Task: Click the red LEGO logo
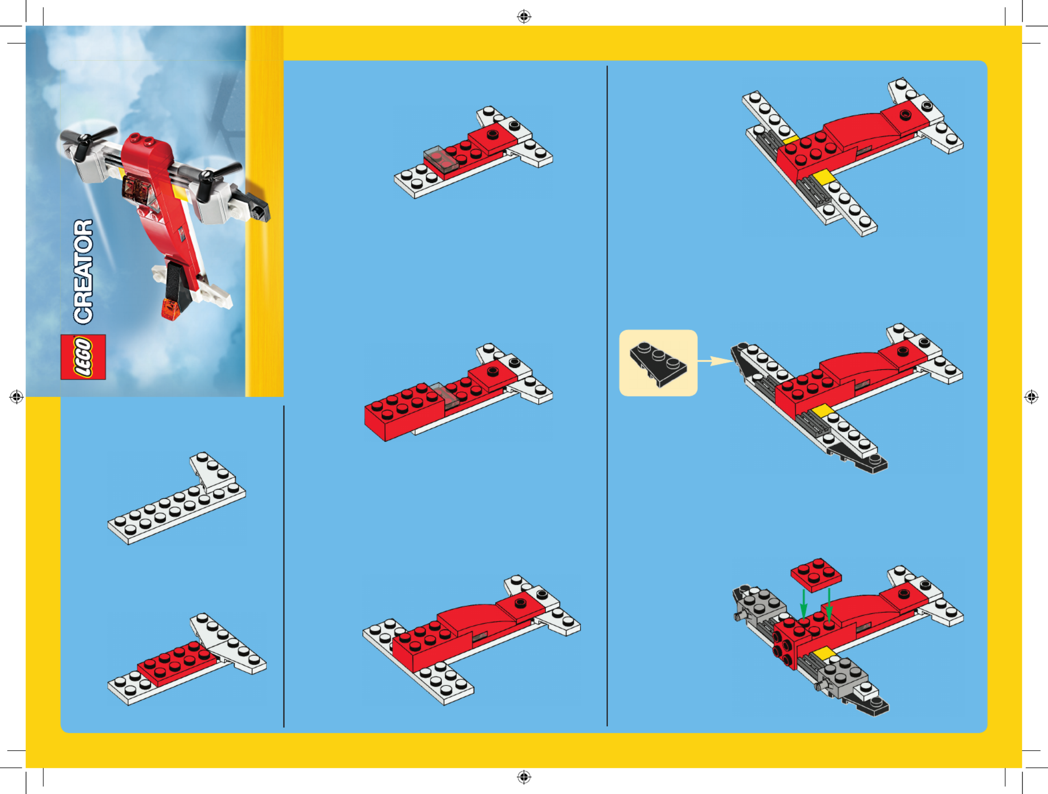tap(83, 357)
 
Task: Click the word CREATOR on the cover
tap(83, 272)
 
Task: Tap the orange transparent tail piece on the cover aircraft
tap(171, 309)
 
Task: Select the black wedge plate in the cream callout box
tap(658, 364)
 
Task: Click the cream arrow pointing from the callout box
tap(715, 361)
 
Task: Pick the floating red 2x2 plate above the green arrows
tap(816, 575)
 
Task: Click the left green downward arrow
tap(804, 604)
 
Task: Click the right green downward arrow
tap(829, 604)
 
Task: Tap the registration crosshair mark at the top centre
tap(524, 17)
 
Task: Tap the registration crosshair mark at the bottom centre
tap(524, 777)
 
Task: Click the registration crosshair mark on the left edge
tap(17, 397)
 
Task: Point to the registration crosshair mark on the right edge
tap(1031, 397)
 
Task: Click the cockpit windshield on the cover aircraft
tap(136, 187)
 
